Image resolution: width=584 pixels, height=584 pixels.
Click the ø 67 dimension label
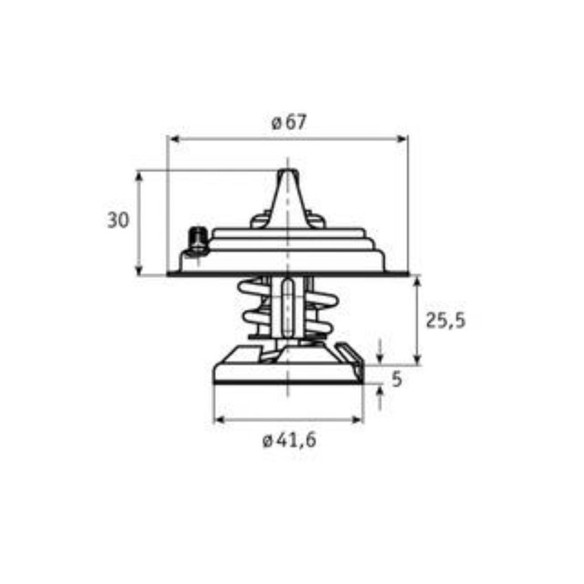coord(289,123)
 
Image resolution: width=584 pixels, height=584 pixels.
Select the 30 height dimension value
coord(118,219)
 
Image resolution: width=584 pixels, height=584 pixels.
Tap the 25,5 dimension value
coord(446,320)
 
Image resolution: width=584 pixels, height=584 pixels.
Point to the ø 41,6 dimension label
coord(289,441)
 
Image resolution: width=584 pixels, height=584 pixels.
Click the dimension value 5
coord(397,380)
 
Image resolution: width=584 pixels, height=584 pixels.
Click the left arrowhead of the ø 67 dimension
coord(174,139)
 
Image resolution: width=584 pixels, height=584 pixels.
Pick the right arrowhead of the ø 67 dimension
coord(402,139)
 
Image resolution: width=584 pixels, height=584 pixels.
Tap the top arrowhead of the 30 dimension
coord(139,177)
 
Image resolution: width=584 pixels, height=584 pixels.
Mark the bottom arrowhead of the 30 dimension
coord(139,269)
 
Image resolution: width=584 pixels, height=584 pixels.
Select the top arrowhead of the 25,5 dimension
coord(417,281)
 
